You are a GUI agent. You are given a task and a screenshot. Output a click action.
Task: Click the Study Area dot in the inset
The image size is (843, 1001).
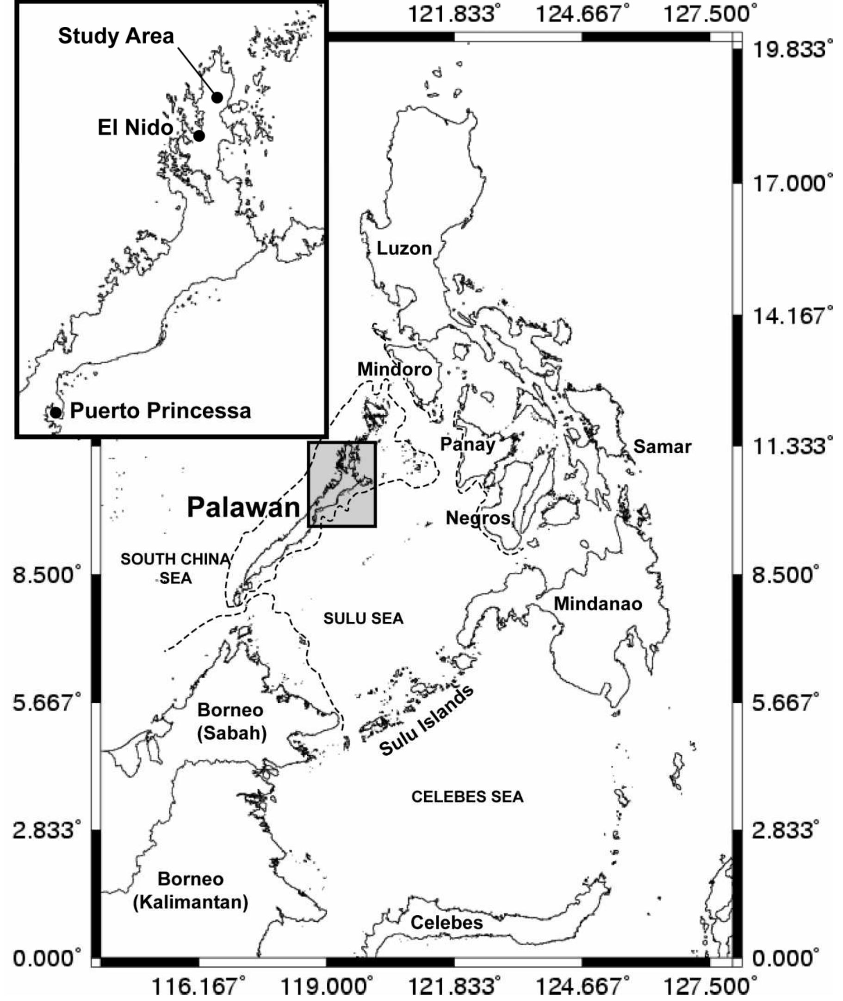(217, 98)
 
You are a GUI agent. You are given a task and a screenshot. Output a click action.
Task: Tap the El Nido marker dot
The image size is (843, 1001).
(199, 136)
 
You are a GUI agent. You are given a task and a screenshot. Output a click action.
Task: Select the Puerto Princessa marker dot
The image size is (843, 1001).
(56, 412)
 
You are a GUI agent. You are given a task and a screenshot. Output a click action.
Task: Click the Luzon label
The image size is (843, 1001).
(404, 248)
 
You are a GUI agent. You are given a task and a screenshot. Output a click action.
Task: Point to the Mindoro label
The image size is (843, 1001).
(395, 369)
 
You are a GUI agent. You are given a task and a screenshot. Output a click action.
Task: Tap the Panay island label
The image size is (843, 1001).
(467, 444)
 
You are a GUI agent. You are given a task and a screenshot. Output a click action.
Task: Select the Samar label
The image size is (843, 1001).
(663, 447)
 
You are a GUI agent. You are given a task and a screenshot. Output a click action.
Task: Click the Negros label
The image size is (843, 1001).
(478, 518)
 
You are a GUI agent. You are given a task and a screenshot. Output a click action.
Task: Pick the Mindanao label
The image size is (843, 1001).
(598, 604)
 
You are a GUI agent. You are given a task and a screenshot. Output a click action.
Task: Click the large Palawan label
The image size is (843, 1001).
(243, 507)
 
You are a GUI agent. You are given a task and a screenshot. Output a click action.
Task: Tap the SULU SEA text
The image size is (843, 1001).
(363, 619)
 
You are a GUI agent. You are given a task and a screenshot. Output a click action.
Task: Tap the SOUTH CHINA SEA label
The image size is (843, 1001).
(175, 569)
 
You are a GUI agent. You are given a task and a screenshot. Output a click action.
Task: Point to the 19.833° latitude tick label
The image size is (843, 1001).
(788, 50)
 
